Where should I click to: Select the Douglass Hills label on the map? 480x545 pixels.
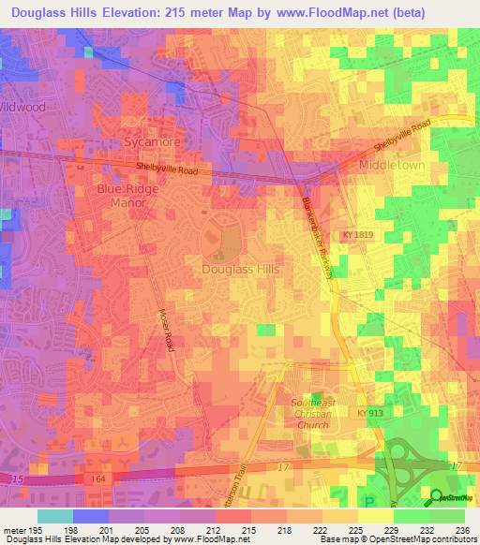(241, 268)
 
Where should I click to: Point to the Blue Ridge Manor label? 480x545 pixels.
(129, 195)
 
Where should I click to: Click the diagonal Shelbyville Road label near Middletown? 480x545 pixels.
(400, 136)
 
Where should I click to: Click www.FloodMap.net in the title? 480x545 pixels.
(316, 13)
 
